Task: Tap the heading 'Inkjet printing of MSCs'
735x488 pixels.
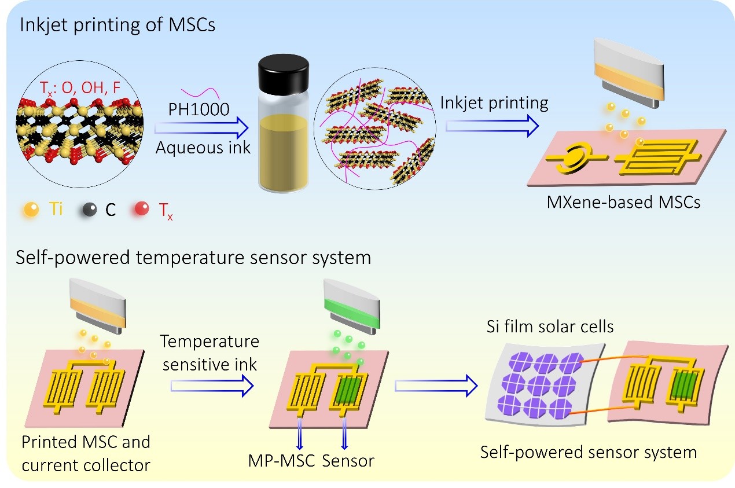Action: click(117, 26)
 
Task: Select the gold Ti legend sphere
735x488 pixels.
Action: click(32, 209)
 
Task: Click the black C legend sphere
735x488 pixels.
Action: click(89, 209)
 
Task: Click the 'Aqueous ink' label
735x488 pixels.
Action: click(203, 148)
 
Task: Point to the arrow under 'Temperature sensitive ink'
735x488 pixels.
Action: click(212, 383)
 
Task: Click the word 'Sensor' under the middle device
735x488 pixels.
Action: click(348, 461)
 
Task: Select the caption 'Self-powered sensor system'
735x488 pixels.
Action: click(589, 452)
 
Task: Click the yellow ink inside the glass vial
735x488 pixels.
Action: click(281, 151)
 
